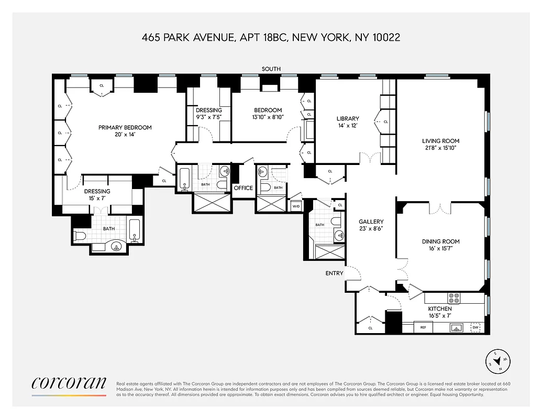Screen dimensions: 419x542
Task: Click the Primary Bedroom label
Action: pos(125,127)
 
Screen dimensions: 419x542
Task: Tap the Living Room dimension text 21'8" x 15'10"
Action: pos(440,148)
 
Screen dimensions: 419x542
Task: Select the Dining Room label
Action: pos(440,241)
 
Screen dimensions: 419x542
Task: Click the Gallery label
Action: pos(371,222)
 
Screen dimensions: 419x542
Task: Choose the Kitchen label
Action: pos(439,308)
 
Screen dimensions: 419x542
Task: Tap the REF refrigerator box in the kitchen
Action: pos(423,328)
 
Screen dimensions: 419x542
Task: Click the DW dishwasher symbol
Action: pos(475,328)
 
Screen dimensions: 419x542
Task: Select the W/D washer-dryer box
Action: pos(296,206)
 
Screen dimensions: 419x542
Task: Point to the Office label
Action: pos(243,188)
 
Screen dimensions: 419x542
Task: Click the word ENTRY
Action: pos(334,273)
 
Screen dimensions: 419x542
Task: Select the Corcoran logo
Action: pos(69,383)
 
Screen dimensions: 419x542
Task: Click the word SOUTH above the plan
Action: pos(272,69)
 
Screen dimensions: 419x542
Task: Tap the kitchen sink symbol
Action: pos(457,328)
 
